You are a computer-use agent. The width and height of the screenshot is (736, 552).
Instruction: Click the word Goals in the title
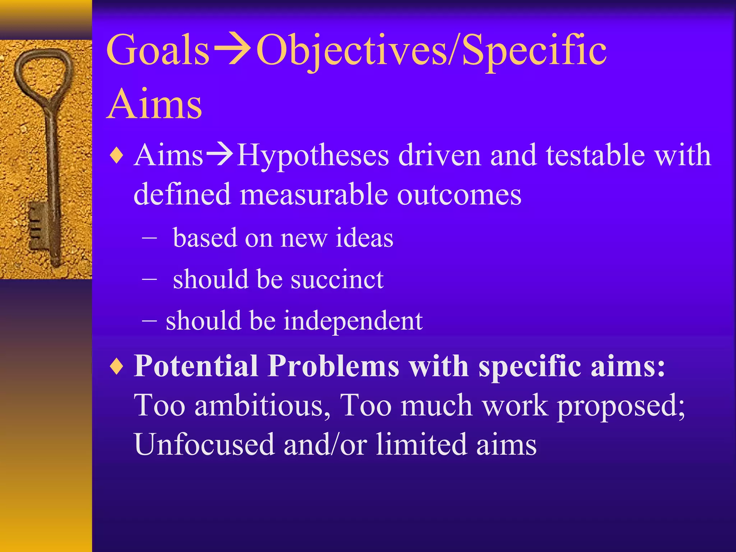157,50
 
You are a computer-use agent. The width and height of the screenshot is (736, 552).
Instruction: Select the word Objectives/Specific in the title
431,50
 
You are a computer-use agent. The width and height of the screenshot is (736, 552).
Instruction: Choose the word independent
353,321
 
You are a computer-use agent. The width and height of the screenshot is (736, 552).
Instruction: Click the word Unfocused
204,445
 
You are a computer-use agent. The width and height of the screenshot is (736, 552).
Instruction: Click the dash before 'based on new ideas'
149,238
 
